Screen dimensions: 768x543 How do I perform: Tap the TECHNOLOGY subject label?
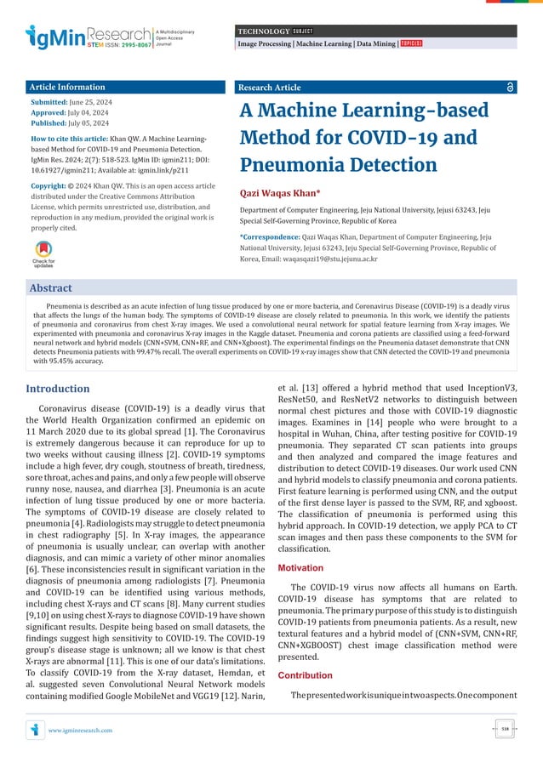tap(262, 31)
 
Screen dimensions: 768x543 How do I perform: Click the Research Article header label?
tap(270, 88)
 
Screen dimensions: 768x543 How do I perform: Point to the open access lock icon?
tap(509, 88)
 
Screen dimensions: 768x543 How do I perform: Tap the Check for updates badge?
tap(43, 254)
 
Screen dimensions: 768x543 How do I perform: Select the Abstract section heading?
tap(51, 288)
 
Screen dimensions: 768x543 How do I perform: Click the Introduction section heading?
tap(57, 389)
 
